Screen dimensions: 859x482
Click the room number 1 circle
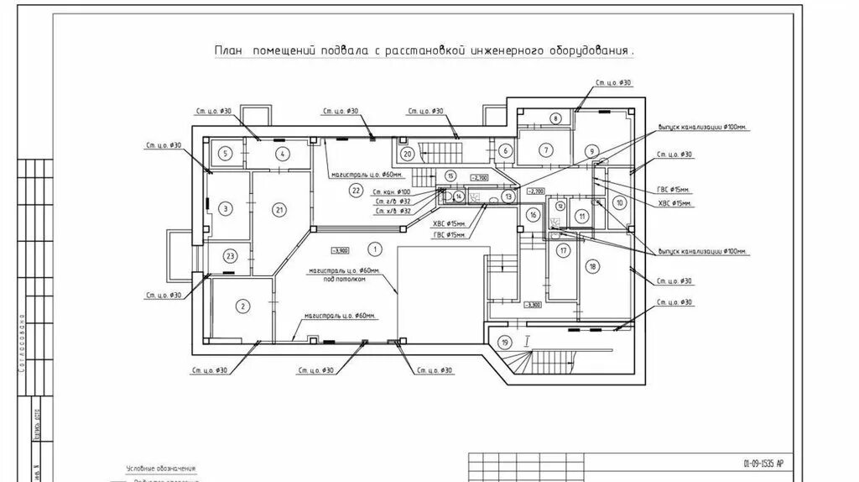pyautogui.click(x=374, y=248)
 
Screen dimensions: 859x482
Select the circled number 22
pyautogui.click(x=356, y=191)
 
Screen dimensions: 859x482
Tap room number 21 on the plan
pyautogui.click(x=280, y=209)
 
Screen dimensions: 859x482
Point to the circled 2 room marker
pyautogui.click(x=242, y=306)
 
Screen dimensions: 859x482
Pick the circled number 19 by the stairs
pyautogui.click(x=504, y=342)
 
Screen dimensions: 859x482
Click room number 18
pyautogui.click(x=593, y=267)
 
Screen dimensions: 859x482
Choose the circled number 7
pyautogui.click(x=546, y=150)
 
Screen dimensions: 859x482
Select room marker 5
pyautogui.click(x=226, y=153)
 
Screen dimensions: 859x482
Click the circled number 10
pyautogui.click(x=619, y=202)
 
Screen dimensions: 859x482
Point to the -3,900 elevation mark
pyautogui.click(x=340, y=250)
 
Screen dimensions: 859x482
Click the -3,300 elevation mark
pyautogui.click(x=533, y=305)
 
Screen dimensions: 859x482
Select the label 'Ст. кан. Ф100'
pyautogui.click(x=393, y=192)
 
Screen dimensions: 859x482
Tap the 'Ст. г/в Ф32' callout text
pyautogui.click(x=393, y=202)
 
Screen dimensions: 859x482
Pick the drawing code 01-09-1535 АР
pyautogui.click(x=763, y=463)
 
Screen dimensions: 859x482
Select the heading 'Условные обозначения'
pyautogui.click(x=160, y=468)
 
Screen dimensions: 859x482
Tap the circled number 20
pyautogui.click(x=407, y=154)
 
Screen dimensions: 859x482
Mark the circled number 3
pyautogui.click(x=225, y=209)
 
